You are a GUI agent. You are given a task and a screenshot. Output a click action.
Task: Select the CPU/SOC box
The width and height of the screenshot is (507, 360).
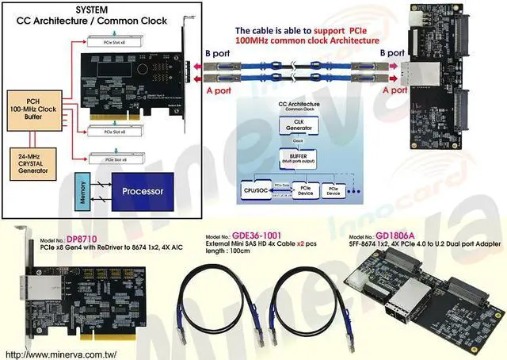255,191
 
